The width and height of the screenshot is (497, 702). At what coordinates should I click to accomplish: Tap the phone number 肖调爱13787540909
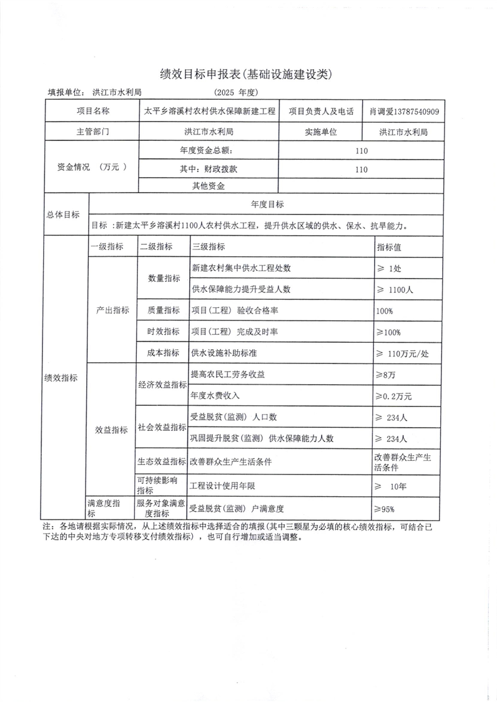[404, 112]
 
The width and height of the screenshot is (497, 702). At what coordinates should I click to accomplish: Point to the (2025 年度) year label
[235, 93]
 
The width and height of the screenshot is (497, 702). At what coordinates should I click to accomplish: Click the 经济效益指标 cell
[162, 385]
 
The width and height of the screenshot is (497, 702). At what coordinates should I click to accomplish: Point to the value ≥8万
[386, 375]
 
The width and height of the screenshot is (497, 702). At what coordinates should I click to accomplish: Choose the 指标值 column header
[389, 247]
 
